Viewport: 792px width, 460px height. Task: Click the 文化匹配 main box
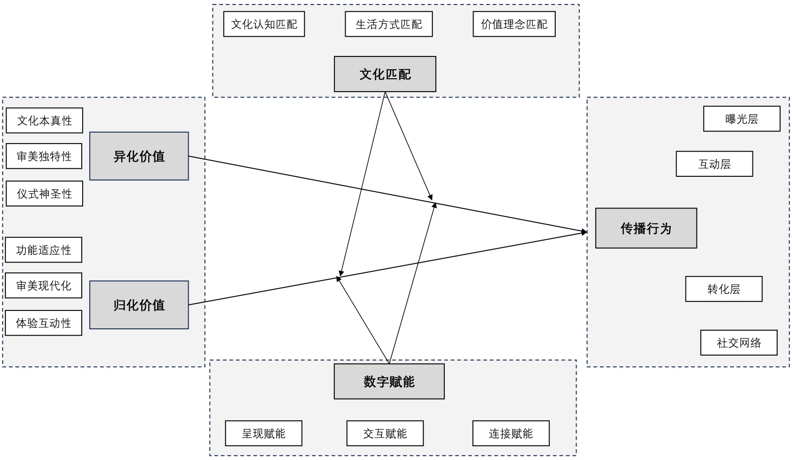click(x=385, y=74)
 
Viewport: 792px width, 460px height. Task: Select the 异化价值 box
click(x=139, y=156)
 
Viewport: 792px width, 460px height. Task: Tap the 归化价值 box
click(x=139, y=305)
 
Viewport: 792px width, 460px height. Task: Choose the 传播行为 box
click(x=646, y=228)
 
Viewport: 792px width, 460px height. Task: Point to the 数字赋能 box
click(x=389, y=381)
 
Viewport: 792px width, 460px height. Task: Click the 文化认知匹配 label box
click(x=264, y=24)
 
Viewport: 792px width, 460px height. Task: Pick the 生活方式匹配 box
click(x=389, y=24)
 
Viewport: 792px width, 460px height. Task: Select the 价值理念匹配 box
click(x=514, y=24)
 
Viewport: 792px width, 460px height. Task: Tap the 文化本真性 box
click(x=45, y=120)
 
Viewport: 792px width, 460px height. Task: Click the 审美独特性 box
click(x=44, y=156)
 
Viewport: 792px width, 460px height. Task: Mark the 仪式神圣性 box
click(x=45, y=194)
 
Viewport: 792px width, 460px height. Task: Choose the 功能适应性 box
click(x=44, y=250)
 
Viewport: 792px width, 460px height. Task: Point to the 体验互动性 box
click(x=44, y=323)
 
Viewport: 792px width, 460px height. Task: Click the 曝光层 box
click(x=741, y=119)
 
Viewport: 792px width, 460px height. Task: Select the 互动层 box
click(x=714, y=164)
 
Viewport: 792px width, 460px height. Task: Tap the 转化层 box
click(x=724, y=289)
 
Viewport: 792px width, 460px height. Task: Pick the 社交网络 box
click(x=739, y=343)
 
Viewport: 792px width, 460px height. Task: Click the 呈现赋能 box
click(x=264, y=433)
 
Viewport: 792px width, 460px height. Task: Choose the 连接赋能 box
click(x=511, y=433)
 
